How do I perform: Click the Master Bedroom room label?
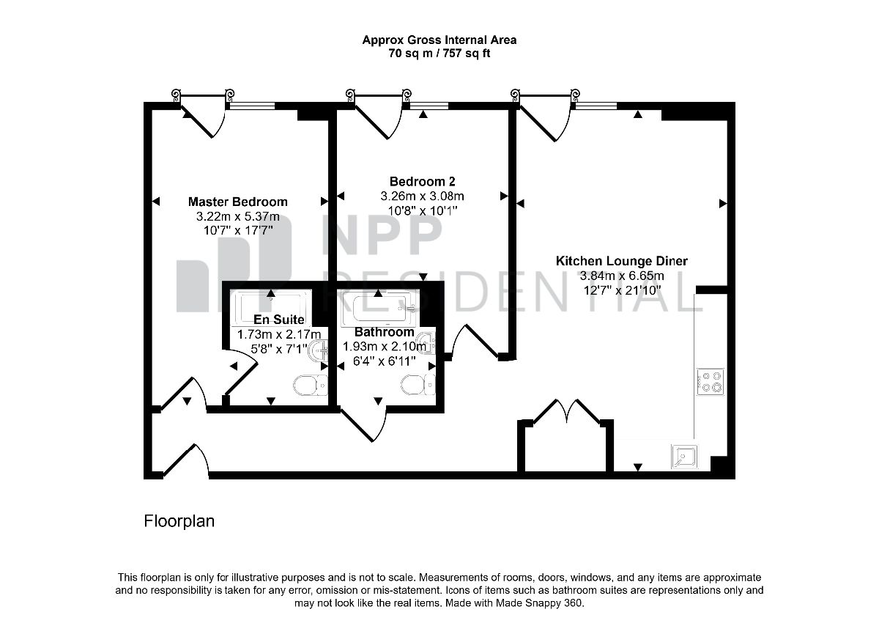(x=238, y=202)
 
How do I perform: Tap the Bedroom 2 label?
(x=422, y=182)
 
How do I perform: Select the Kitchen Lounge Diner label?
(x=622, y=261)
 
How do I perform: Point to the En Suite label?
(x=278, y=320)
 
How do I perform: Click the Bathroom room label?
(x=384, y=332)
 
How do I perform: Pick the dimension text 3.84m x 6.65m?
(x=622, y=276)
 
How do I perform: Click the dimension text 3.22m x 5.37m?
(x=238, y=216)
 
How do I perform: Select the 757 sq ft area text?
(x=466, y=53)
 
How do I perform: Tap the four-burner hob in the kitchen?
(x=711, y=382)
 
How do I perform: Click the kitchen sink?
(x=684, y=457)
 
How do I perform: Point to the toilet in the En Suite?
(x=310, y=385)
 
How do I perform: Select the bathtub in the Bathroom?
(x=380, y=309)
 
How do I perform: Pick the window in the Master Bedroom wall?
(x=252, y=106)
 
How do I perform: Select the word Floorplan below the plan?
(x=179, y=521)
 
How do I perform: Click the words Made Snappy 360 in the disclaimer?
(x=540, y=603)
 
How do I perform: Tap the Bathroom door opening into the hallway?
(x=363, y=425)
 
